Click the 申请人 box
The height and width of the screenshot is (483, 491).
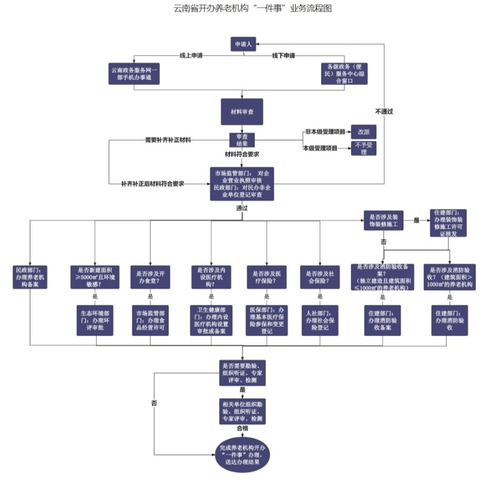click(x=243, y=44)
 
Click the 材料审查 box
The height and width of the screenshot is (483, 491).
click(x=242, y=113)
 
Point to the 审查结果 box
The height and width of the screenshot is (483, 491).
click(x=242, y=140)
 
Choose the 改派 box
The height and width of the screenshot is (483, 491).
click(x=363, y=131)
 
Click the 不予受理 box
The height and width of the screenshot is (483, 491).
click(x=363, y=148)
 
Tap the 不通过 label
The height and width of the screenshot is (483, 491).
click(x=384, y=111)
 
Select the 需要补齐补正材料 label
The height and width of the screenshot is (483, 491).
click(x=168, y=140)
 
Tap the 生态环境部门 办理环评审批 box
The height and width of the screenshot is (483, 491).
click(x=95, y=320)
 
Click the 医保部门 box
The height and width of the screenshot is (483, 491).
click(x=267, y=320)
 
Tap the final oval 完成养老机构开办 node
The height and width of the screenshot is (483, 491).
click(x=243, y=454)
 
